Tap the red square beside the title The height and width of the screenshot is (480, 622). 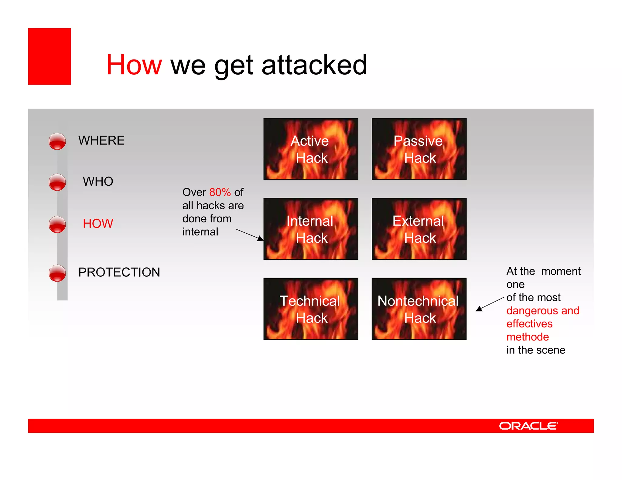(50, 56)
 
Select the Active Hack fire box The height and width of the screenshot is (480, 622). (311, 149)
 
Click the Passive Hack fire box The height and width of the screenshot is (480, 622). (419, 149)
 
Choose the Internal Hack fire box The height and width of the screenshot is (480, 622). (311, 229)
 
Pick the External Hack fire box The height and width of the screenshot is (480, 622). (419, 229)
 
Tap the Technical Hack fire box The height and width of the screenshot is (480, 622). (311, 309)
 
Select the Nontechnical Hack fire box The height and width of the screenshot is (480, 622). (419, 309)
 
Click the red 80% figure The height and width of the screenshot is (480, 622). (220, 192)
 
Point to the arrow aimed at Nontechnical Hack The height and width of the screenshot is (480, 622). (490, 304)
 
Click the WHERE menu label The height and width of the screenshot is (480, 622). (101, 140)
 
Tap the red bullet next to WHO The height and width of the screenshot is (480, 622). (57, 182)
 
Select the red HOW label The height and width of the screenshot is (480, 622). (98, 224)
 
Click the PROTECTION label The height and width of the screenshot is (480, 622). (119, 272)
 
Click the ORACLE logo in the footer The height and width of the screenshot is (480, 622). (528, 426)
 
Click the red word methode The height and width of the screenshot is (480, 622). (528, 337)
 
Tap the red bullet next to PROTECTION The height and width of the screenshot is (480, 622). (57, 273)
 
